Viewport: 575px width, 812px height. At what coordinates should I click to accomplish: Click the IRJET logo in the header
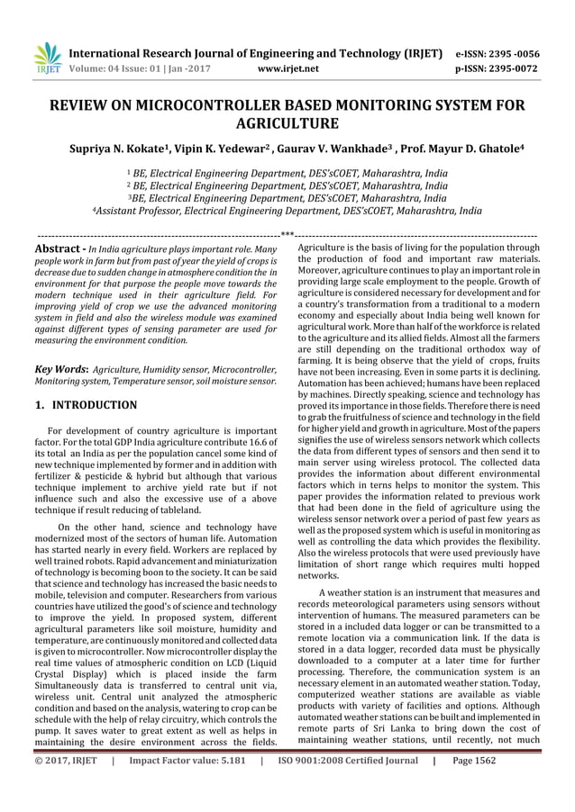[46, 58]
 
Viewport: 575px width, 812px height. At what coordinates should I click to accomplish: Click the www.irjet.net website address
[287, 67]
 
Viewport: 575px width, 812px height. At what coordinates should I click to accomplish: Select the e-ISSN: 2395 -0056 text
[512, 52]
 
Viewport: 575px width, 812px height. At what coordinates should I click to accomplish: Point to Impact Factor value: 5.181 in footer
[185, 797]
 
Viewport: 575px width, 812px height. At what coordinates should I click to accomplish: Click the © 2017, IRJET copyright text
[66, 797]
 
